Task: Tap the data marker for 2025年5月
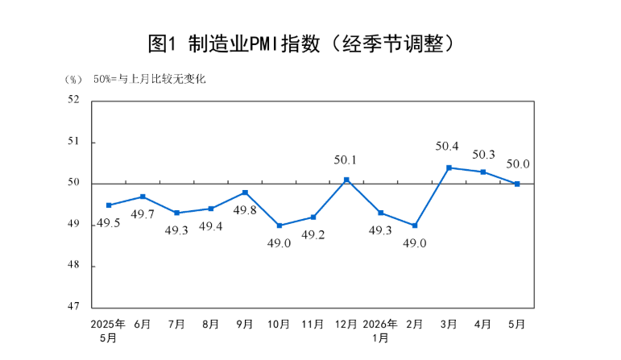coord(109,205)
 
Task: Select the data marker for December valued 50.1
coord(346,180)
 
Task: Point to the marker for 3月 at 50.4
coord(449,168)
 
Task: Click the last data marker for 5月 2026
coord(517,184)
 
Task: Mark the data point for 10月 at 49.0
coord(279,226)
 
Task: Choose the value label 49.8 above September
coord(245,210)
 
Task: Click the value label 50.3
coord(483,155)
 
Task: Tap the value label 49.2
coord(313,235)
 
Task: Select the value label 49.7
coord(143,214)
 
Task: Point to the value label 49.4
coord(211,226)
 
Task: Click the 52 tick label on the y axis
coord(73,99)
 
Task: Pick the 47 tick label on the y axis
coord(73,306)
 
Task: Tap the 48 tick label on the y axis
coord(73,264)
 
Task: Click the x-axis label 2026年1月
coord(380,331)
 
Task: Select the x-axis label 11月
coord(313,325)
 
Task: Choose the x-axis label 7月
coord(176,325)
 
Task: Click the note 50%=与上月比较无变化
coord(150,79)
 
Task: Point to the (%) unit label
coord(73,80)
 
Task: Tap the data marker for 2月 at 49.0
coord(415,226)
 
